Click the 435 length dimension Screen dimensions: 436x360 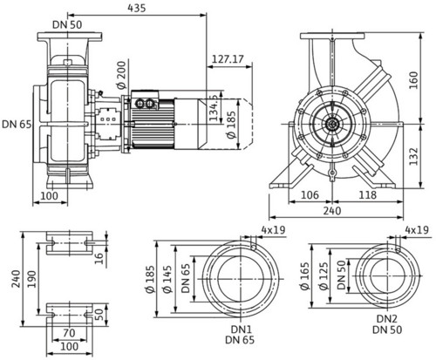pos(136,8)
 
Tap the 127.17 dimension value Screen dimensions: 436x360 pos(228,59)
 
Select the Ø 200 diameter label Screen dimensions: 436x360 pos(120,75)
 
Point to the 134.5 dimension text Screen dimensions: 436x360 pos(214,107)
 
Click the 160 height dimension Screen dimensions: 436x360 pos(413,80)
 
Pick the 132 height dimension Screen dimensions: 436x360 pos(413,157)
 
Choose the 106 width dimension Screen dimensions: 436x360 pos(310,195)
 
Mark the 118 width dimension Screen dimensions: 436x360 pos(367,195)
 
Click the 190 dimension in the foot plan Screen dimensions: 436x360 pos(31,279)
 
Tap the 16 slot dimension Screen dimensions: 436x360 pos(99,259)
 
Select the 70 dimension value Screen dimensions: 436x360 pos(69,333)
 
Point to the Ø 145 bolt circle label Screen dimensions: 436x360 pos(167,279)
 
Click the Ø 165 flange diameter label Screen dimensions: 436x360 pos(305,276)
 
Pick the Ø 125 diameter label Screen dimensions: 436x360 pos(324,276)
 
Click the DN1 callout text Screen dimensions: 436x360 pos(241,329)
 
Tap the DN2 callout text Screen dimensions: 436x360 pos(387,319)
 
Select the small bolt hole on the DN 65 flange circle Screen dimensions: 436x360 pos(254,248)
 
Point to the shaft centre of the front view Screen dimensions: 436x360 pos(331,125)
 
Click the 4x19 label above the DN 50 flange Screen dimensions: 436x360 pos(417,230)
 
